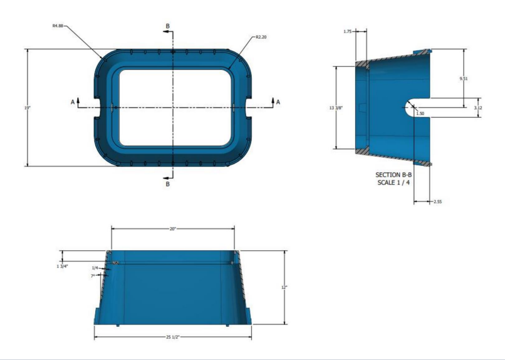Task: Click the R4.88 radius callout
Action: click(57, 26)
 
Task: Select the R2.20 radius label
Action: click(261, 37)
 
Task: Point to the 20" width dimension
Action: click(173, 228)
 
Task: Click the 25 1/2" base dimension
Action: click(172, 337)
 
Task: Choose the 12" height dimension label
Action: click(285, 287)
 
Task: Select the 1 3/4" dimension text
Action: click(62, 265)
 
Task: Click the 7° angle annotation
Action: click(92, 276)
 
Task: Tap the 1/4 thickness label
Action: click(95, 268)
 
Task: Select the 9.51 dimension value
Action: click(463, 79)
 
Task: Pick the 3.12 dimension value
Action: click(477, 107)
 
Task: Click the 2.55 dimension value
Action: click(437, 201)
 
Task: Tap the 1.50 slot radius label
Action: click(419, 113)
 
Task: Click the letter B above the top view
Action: click(167, 26)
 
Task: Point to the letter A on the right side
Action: click(278, 101)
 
